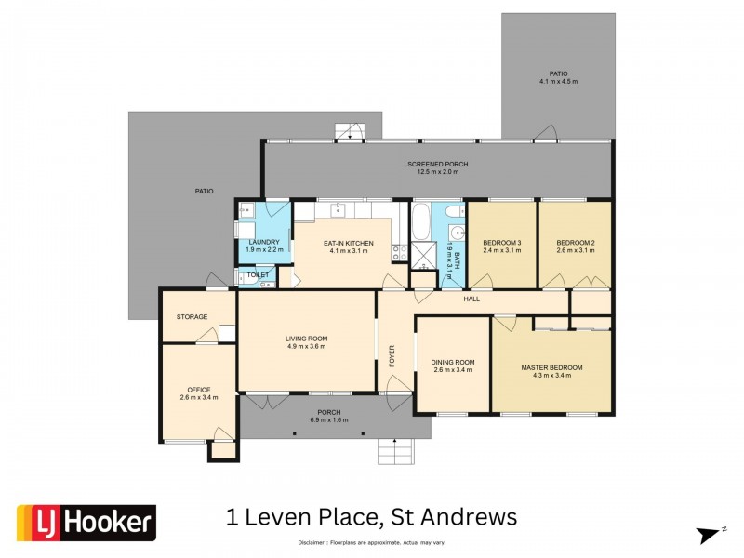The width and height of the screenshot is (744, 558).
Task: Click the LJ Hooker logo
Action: [86, 523]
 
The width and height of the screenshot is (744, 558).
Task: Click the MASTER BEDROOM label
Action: [551, 368]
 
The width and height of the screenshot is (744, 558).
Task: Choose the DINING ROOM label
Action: [452, 362]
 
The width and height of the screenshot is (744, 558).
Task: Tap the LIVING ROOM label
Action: [306, 339]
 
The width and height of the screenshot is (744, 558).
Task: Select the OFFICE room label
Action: [198, 390]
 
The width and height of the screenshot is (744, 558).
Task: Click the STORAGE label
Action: [192, 317]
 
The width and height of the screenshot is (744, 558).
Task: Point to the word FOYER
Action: [392, 356]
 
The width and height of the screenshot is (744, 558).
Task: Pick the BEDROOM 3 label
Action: [501, 243]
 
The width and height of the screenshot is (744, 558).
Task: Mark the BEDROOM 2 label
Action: [575, 243]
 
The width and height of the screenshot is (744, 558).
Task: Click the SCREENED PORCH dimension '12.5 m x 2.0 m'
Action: [437, 172]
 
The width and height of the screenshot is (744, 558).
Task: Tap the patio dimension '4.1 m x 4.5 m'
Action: [558, 82]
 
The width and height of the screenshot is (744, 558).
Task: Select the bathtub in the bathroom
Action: [420, 224]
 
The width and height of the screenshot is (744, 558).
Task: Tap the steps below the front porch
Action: [393, 451]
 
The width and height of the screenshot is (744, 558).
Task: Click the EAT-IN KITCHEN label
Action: [348, 244]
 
